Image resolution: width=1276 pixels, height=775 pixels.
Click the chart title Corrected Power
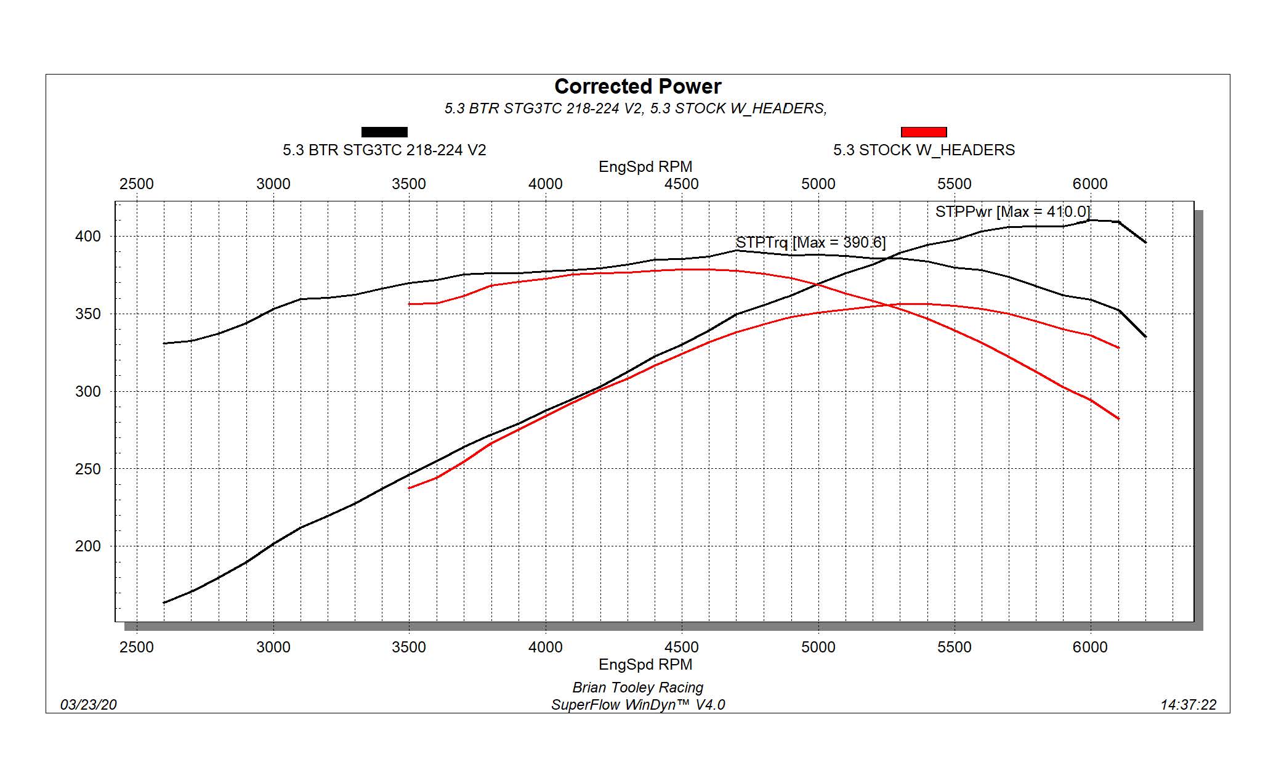[x=637, y=86]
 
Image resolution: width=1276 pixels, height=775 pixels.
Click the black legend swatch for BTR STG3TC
[x=384, y=132]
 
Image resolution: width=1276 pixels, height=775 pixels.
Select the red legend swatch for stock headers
[x=923, y=132]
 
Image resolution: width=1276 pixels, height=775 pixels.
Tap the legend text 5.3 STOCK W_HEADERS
[x=923, y=150]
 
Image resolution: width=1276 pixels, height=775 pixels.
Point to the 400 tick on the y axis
[x=87, y=237]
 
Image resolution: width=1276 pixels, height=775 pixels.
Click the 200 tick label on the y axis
[x=87, y=546]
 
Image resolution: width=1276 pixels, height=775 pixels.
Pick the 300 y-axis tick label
[x=87, y=392]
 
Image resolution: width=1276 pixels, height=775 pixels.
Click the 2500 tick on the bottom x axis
[x=137, y=647]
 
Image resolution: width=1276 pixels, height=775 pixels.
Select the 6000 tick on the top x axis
[x=1089, y=184]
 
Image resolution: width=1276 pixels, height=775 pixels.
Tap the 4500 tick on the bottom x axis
[x=681, y=647]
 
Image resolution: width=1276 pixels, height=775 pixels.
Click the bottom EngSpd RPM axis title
[x=645, y=665]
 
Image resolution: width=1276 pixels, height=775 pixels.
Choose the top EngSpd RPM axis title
[x=645, y=167]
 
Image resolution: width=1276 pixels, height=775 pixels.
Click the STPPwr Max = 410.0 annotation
[x=1012, y=212]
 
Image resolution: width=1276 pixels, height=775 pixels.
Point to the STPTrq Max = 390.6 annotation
[x=810, y=243]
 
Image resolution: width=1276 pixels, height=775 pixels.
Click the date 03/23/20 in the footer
[x=88, y=705]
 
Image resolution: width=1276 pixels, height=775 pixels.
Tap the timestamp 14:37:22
[x=1188, y=705]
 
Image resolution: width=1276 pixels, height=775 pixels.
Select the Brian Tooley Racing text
[x=637, y=688]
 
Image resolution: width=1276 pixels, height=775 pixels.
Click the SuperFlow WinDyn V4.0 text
[x=637, y=705]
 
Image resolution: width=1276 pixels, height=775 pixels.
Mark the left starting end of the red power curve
[x=410, y=488]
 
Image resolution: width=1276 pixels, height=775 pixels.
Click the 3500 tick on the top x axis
[x=409, y=184]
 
